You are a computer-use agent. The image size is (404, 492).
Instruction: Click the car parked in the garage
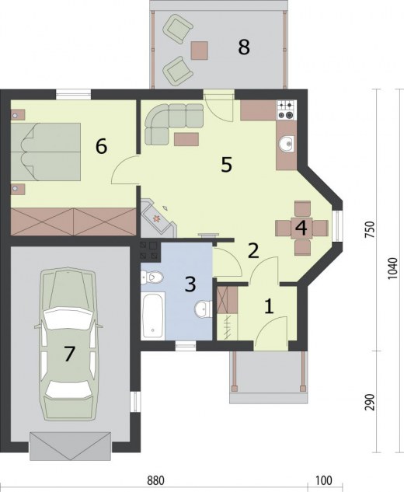(68, 344)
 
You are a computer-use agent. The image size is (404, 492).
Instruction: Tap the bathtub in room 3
(153, 316)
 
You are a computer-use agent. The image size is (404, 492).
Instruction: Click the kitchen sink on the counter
(287, 144)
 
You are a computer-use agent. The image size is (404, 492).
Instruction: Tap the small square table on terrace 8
(199, 51)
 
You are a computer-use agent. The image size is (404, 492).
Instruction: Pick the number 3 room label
(190, 284)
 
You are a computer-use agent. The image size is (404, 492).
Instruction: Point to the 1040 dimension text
(392, 269)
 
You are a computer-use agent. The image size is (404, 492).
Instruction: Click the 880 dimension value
(155, 480)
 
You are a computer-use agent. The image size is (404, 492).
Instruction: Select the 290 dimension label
(371, 402)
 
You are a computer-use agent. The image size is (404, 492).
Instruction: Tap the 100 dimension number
(324, 480)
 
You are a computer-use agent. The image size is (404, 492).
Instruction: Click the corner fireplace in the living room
(158, 218)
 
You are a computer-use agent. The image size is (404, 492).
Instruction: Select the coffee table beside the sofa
(186, 139)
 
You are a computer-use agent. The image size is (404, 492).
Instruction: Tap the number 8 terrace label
(244, 47)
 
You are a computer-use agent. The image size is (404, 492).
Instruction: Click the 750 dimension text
(371, 230)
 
